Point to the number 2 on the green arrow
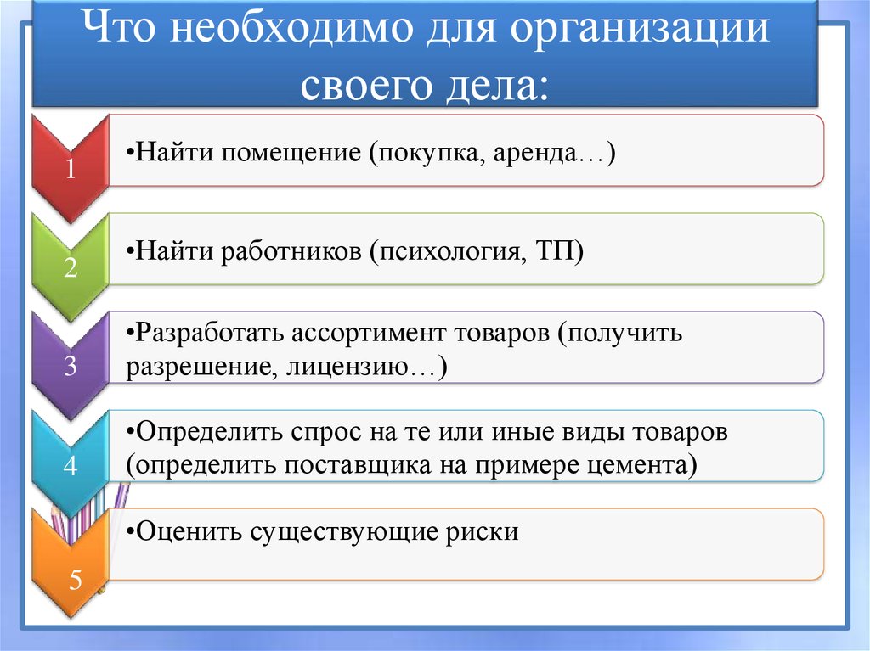tap(71, 269)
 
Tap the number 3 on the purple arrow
tap(71, 367)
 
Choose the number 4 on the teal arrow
tap(71, 466)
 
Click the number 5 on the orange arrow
tap(75, 581)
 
